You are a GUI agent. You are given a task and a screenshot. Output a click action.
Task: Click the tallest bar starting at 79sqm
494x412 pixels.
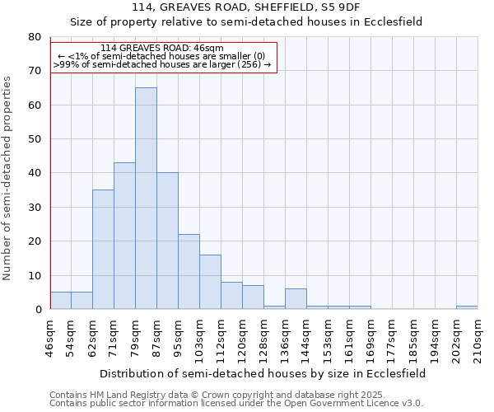146,198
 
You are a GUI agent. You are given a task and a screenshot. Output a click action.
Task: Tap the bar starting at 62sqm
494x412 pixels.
103,249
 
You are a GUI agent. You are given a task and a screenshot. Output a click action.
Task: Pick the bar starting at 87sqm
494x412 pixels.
167,241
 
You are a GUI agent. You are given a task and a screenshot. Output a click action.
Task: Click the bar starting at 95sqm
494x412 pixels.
189,271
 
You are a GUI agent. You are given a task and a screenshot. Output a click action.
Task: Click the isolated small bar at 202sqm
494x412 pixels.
467,307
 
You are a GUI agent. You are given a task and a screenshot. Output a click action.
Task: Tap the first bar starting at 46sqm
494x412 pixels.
60,300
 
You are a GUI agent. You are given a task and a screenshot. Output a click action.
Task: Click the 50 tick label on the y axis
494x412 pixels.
35,139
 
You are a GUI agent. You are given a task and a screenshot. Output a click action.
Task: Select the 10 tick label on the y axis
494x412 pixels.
35,275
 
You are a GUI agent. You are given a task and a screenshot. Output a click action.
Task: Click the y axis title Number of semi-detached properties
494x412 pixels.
8,178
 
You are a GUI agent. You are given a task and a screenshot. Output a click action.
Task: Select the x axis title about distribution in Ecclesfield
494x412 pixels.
263,373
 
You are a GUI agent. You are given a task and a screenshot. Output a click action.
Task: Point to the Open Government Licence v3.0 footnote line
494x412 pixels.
236,403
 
